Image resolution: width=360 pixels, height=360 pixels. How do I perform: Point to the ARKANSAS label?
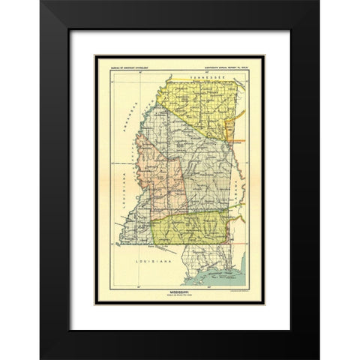click(139, 113)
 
